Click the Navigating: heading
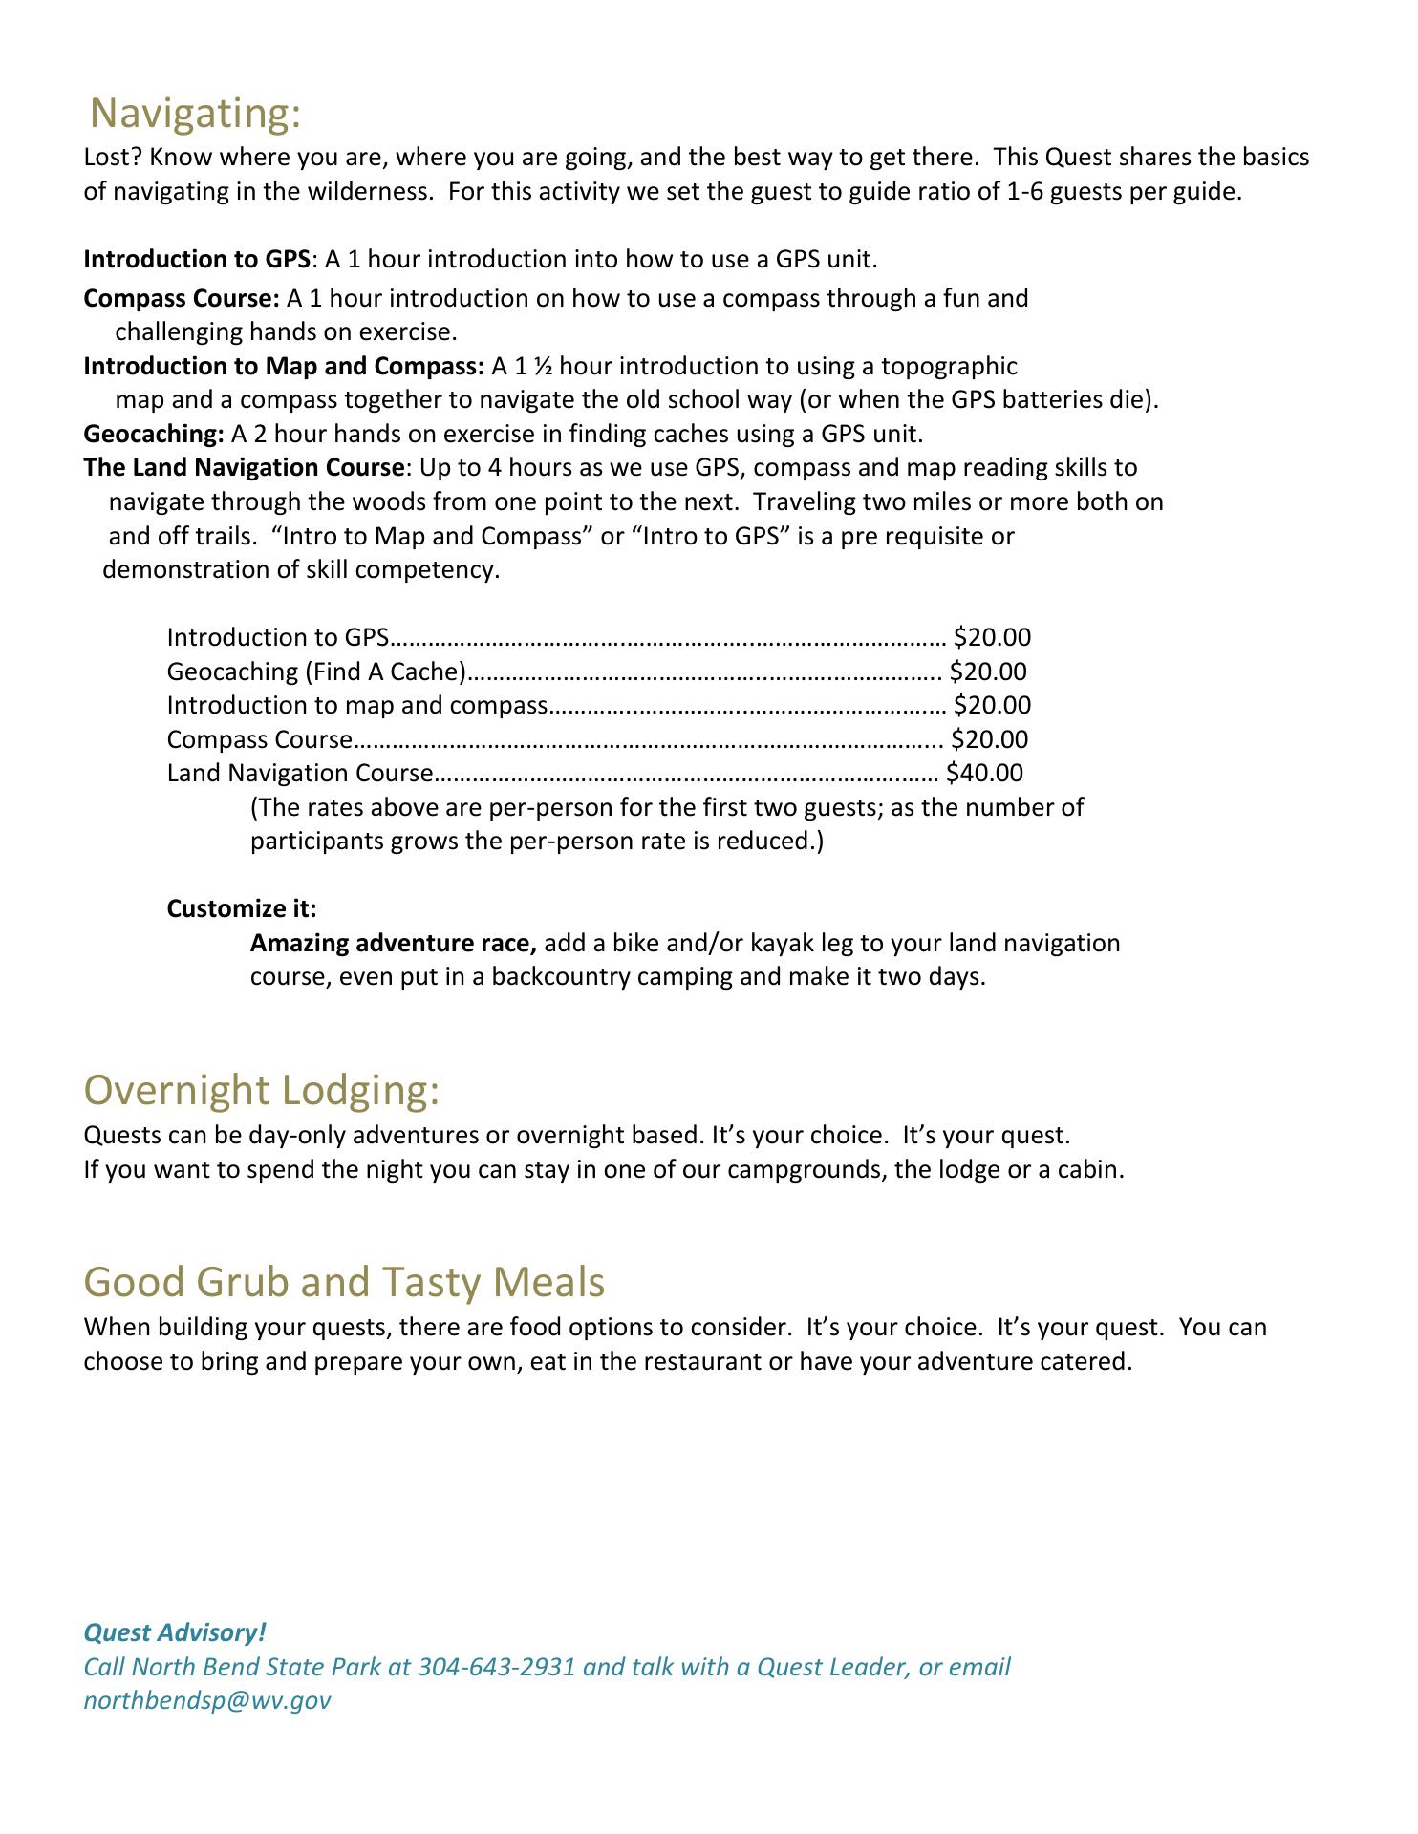click(195, 113)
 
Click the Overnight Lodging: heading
click(262, 1090)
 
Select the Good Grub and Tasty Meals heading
click(344, 1281)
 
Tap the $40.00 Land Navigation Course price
click(984, 773)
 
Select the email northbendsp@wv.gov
click(207, 1700)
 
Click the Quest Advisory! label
click(175, 1632)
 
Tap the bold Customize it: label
click(242, 908)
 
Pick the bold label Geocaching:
click(154, 434)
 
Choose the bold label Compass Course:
click(182, 298)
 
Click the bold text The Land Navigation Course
click(244, 468)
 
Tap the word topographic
click(949, 366)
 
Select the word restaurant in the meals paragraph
click(699, 1361)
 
